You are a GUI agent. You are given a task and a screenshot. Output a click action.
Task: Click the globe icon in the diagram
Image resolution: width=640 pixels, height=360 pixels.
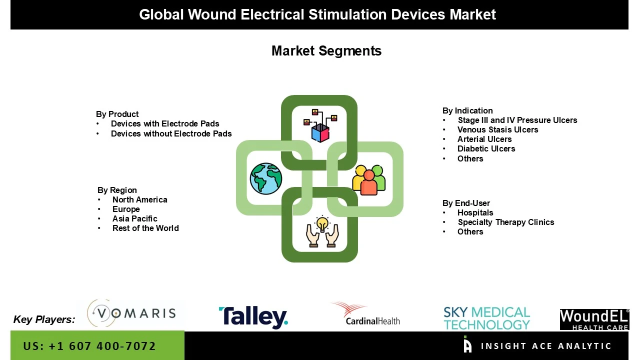tap(266, 178)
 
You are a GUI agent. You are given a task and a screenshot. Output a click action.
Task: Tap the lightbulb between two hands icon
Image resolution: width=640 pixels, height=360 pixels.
tap(322, 232)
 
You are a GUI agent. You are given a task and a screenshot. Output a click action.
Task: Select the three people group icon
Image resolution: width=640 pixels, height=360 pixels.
tap(369, 179)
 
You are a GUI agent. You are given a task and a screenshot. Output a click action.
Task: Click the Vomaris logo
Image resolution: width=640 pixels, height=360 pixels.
tap(131, 313)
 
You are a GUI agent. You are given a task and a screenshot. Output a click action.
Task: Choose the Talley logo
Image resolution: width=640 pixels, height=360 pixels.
tap(253, 317)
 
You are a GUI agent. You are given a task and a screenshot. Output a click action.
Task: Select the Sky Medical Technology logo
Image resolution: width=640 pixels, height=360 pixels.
tap(486, 318)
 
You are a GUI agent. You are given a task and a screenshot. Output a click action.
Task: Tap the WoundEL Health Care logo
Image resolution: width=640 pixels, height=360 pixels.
tap(594, 319)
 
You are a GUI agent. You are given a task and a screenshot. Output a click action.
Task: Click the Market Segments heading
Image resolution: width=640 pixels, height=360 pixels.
tap(326, 51)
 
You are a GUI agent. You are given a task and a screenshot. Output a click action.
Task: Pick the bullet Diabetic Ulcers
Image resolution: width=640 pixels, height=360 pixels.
tap(486, 148)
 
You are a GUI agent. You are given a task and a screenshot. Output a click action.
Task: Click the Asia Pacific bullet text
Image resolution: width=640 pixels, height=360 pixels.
tap(134, 218)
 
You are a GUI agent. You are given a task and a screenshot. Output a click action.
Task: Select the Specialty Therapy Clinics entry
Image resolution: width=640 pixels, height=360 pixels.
tap(505, 222)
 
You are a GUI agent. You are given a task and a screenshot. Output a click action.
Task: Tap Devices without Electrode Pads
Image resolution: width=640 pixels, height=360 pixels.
tap(171, 133)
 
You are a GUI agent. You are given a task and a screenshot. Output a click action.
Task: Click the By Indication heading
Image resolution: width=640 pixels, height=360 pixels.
tap(467, 110)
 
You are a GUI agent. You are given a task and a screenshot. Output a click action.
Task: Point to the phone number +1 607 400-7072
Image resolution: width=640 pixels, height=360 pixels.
tap(89, 346)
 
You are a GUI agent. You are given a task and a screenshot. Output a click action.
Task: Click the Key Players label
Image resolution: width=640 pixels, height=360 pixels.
tap(44, 319)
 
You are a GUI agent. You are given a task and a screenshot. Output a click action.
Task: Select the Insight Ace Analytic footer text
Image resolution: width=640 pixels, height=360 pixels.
tap(545, 346)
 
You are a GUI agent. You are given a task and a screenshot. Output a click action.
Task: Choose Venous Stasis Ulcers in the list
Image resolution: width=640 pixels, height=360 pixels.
tap(497, 129)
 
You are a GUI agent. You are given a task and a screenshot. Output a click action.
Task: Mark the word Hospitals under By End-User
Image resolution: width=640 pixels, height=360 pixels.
tap(475, 212)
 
